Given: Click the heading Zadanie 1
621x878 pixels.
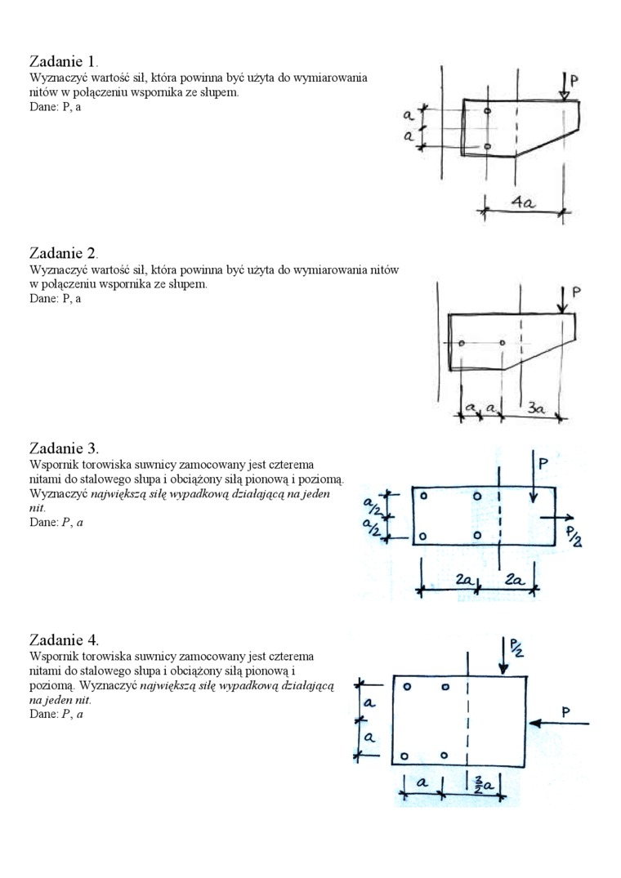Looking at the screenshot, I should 63,61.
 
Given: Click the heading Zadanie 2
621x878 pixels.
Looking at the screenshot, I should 63,253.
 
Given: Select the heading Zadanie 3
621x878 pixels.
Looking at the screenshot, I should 63,448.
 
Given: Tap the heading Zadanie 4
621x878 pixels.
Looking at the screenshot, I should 63,639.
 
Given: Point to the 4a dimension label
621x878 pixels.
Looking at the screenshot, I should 523,203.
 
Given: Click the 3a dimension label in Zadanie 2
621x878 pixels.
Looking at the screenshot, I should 535,407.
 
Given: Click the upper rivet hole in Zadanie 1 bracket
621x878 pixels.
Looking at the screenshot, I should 488,110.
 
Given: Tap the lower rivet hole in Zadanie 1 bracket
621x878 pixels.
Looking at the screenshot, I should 488,146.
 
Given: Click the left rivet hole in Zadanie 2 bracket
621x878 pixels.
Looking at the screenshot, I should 462,343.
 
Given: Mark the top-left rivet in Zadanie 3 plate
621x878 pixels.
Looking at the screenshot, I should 424,496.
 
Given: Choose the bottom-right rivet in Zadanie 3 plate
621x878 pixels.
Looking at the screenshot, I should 477,535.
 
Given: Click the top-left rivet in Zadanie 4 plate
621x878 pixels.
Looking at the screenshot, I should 406,688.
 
